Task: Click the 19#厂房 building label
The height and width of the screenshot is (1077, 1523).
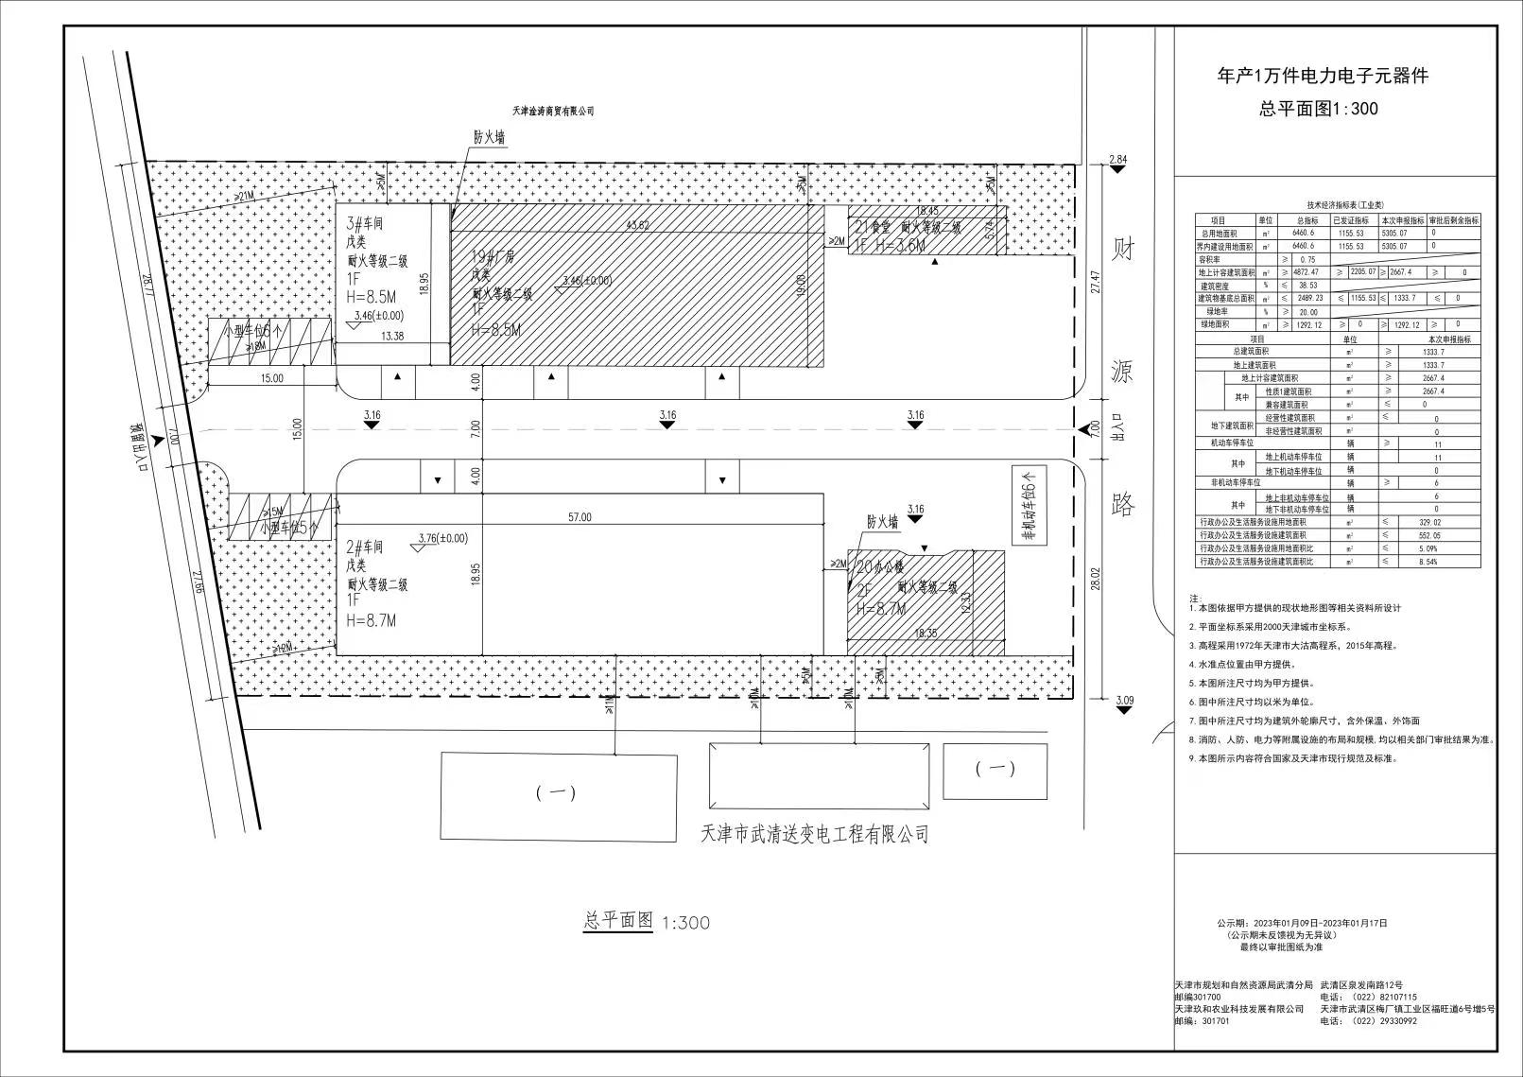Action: (x=493, y=257)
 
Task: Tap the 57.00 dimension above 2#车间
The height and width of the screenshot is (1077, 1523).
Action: (x=580, y=517)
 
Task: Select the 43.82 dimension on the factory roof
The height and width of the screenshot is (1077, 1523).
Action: (x=638, y=225)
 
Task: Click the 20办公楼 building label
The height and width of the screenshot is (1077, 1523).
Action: (x=879, y=567)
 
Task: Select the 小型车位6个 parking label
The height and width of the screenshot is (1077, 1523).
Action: (x=252, y=332)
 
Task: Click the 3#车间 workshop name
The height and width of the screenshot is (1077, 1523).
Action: (x=365, y=224)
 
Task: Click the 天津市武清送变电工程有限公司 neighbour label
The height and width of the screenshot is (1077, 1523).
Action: (x=814, y=834)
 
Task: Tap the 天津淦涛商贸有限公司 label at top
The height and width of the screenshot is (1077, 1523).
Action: (x=552, y=112)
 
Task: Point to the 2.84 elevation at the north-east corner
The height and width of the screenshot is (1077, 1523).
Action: (x=1118, y=160)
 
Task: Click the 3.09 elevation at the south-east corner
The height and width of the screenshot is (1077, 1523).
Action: (x=1124, y=701)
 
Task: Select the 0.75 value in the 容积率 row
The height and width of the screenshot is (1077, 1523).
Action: (x=1307, y=259)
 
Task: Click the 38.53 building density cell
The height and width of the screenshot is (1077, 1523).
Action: (x=1307, y=286)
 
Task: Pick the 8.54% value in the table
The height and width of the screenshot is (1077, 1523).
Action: (x=1437, y=562)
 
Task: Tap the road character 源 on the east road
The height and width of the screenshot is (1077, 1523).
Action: (x=1121, y=372)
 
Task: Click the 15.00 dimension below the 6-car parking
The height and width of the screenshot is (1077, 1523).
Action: (x=270, y=378)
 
